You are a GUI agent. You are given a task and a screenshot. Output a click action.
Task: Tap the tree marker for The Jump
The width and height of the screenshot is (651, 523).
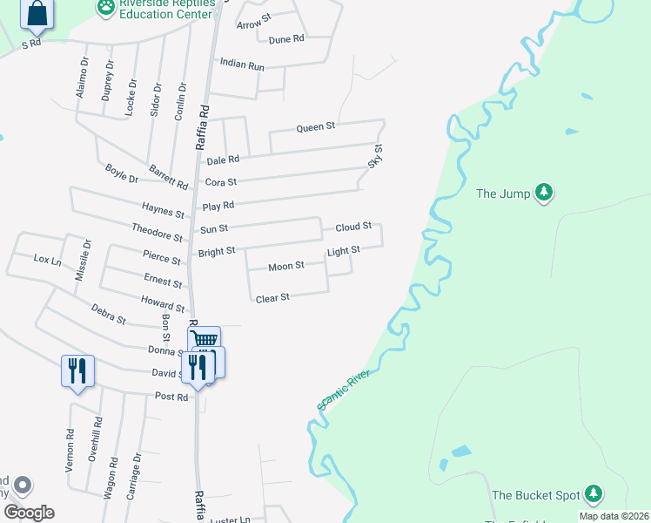pyautogui.click(x=544, y=192)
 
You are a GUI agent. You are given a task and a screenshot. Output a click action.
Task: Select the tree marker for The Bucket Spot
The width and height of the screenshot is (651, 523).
pyautogui.click(x=594, y=494)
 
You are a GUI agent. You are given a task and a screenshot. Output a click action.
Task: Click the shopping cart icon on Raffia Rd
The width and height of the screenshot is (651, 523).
pyautogui.click(x=205, y=340)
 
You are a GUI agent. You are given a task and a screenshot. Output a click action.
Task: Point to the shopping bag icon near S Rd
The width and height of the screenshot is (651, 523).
pyautogui.click(x=37, y=13)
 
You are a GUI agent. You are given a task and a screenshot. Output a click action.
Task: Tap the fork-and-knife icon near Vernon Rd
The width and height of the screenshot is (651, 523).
pyautogui.click(x=77, y=370)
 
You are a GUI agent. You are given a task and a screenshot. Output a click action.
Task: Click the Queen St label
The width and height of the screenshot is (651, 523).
pyautogui.click(x=315, y=127)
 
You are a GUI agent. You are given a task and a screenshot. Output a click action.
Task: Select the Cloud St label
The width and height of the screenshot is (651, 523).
pyautogui.click(x=353, y=228)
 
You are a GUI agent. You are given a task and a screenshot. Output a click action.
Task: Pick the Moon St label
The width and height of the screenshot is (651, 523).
pyautogui.click(x=285, y=267)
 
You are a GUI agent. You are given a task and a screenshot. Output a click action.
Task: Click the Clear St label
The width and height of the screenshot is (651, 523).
pyautogui.click(x=272, y=298)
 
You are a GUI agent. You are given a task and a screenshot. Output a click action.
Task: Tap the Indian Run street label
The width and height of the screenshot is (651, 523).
pyautogui.click(x=242, y=64)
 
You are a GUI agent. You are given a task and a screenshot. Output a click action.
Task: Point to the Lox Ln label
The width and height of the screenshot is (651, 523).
pyautogui.click(x=47, y=260)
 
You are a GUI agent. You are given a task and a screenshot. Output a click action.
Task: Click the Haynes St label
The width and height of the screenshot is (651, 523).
pyautogui.click(x=163, y=210)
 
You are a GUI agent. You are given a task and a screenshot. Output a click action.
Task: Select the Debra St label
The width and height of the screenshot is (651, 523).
pyautogui.click(x=108, y=309)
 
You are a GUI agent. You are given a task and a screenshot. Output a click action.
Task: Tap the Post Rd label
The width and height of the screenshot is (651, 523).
pyautogui.click(x=171, y=397)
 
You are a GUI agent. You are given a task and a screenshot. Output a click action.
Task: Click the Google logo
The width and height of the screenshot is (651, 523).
pyautogui.click(x=29, y=513)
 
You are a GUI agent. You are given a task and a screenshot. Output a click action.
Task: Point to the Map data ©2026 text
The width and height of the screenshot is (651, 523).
pyautogui.click(x=614, y=516)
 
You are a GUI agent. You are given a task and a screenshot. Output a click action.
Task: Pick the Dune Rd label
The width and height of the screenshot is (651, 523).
pyautogui.click(x=286, y=39)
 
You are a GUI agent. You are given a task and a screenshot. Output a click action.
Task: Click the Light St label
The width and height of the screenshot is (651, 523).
pyautogui.click(x=343, y=251)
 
